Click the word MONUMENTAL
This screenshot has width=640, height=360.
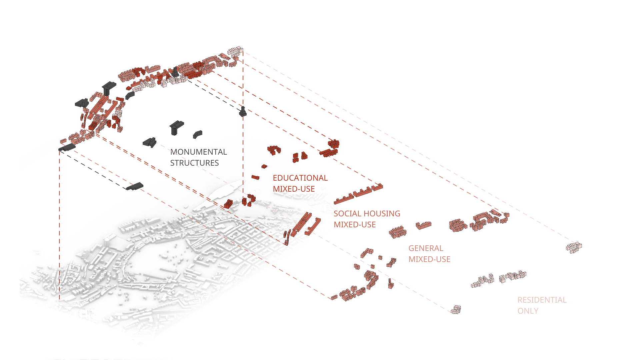[198, 152]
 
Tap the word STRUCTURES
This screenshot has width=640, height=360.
[194, 163]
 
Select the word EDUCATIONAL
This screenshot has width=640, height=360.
[300, 178]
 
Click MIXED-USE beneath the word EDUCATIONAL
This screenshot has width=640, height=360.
[294, 189]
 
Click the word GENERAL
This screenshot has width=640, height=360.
[426, 248]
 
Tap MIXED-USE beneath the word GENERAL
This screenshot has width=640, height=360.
[429, 259]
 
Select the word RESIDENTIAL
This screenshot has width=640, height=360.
[542, 300]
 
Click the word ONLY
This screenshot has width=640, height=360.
[528, 311]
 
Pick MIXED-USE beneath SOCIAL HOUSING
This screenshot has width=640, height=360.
[355, 225]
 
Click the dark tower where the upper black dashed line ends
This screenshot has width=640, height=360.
[243, 112]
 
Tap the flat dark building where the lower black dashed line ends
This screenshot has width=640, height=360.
[135, 186]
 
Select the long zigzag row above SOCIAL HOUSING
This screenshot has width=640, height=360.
[358, 195]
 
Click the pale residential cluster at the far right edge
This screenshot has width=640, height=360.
[574, 247]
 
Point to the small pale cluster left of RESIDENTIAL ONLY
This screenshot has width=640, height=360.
[456, 310]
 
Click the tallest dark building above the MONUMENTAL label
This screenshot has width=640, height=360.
[176, 127]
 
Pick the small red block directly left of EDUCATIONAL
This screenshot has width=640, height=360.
[255, 177]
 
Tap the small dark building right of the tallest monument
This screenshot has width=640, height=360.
[197, 134]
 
